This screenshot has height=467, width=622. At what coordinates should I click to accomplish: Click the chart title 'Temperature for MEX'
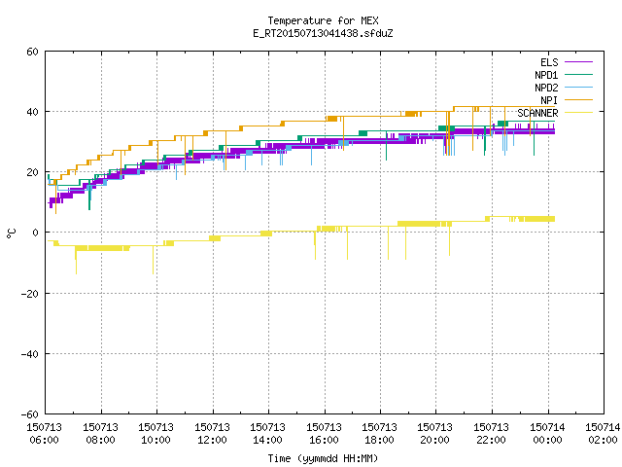click(323, 20)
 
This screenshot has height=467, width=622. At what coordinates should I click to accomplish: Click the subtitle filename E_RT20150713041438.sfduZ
click(323, 33)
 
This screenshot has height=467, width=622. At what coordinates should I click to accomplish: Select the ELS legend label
click(549, 62)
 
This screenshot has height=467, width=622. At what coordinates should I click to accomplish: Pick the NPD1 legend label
click(546, 75)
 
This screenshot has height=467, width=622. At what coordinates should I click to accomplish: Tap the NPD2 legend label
click(546, 88)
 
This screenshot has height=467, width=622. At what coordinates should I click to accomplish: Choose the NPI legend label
click(549, 100)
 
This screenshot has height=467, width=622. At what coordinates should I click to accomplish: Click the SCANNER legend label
click(537, 113)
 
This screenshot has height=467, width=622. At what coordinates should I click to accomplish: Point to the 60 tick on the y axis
click(32, 52)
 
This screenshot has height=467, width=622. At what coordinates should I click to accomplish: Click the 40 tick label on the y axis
click(32, 112)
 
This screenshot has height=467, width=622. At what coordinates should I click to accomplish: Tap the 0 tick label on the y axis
click(36, 233)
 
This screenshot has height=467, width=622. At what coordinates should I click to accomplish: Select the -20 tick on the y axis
click(30, 294)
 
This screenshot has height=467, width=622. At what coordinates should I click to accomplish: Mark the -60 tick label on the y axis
click(30, 414)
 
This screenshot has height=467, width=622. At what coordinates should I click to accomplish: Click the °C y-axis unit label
click(11, 233)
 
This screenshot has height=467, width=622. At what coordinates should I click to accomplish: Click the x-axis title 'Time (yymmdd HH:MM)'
click(323, 458)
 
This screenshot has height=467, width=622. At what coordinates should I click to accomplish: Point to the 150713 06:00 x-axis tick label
click(45, 434)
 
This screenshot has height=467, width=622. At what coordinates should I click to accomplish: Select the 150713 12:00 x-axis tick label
click(212, 434)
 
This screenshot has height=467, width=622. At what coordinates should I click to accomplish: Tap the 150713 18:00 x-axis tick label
click(380, 434)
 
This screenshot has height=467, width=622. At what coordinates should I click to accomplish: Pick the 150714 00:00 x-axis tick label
click(547, 434)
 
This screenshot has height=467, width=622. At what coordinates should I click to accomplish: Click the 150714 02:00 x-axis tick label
click(603, 434)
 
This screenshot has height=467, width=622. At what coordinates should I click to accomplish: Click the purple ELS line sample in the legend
click(578, 62)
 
